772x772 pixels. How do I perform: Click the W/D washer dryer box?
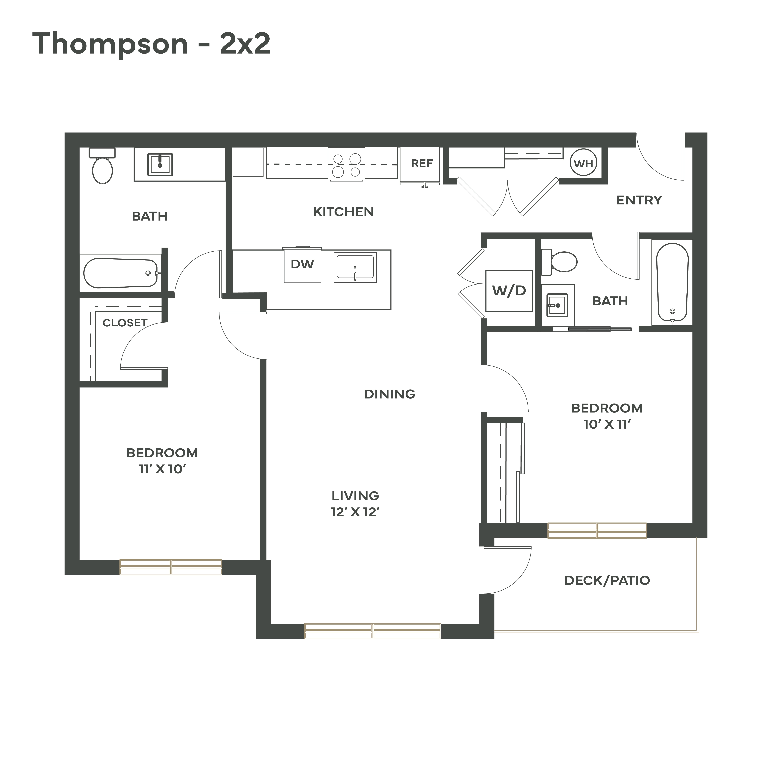pyautogui.click(x=509, y=291)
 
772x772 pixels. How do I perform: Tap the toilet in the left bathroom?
pyautogui.click(x=102, y=165)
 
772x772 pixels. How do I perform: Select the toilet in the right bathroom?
pyautogui.click(x=559, y=262)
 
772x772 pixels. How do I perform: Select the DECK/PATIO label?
pyautogui.click(x=607, y=581)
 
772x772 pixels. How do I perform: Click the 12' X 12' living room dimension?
pyautogui.click(x=355, y=512)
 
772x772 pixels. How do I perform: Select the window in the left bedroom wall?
pyautogui.click(x=171, y=567)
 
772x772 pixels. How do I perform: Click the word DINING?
pyautogui.click(x=390, y=394)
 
